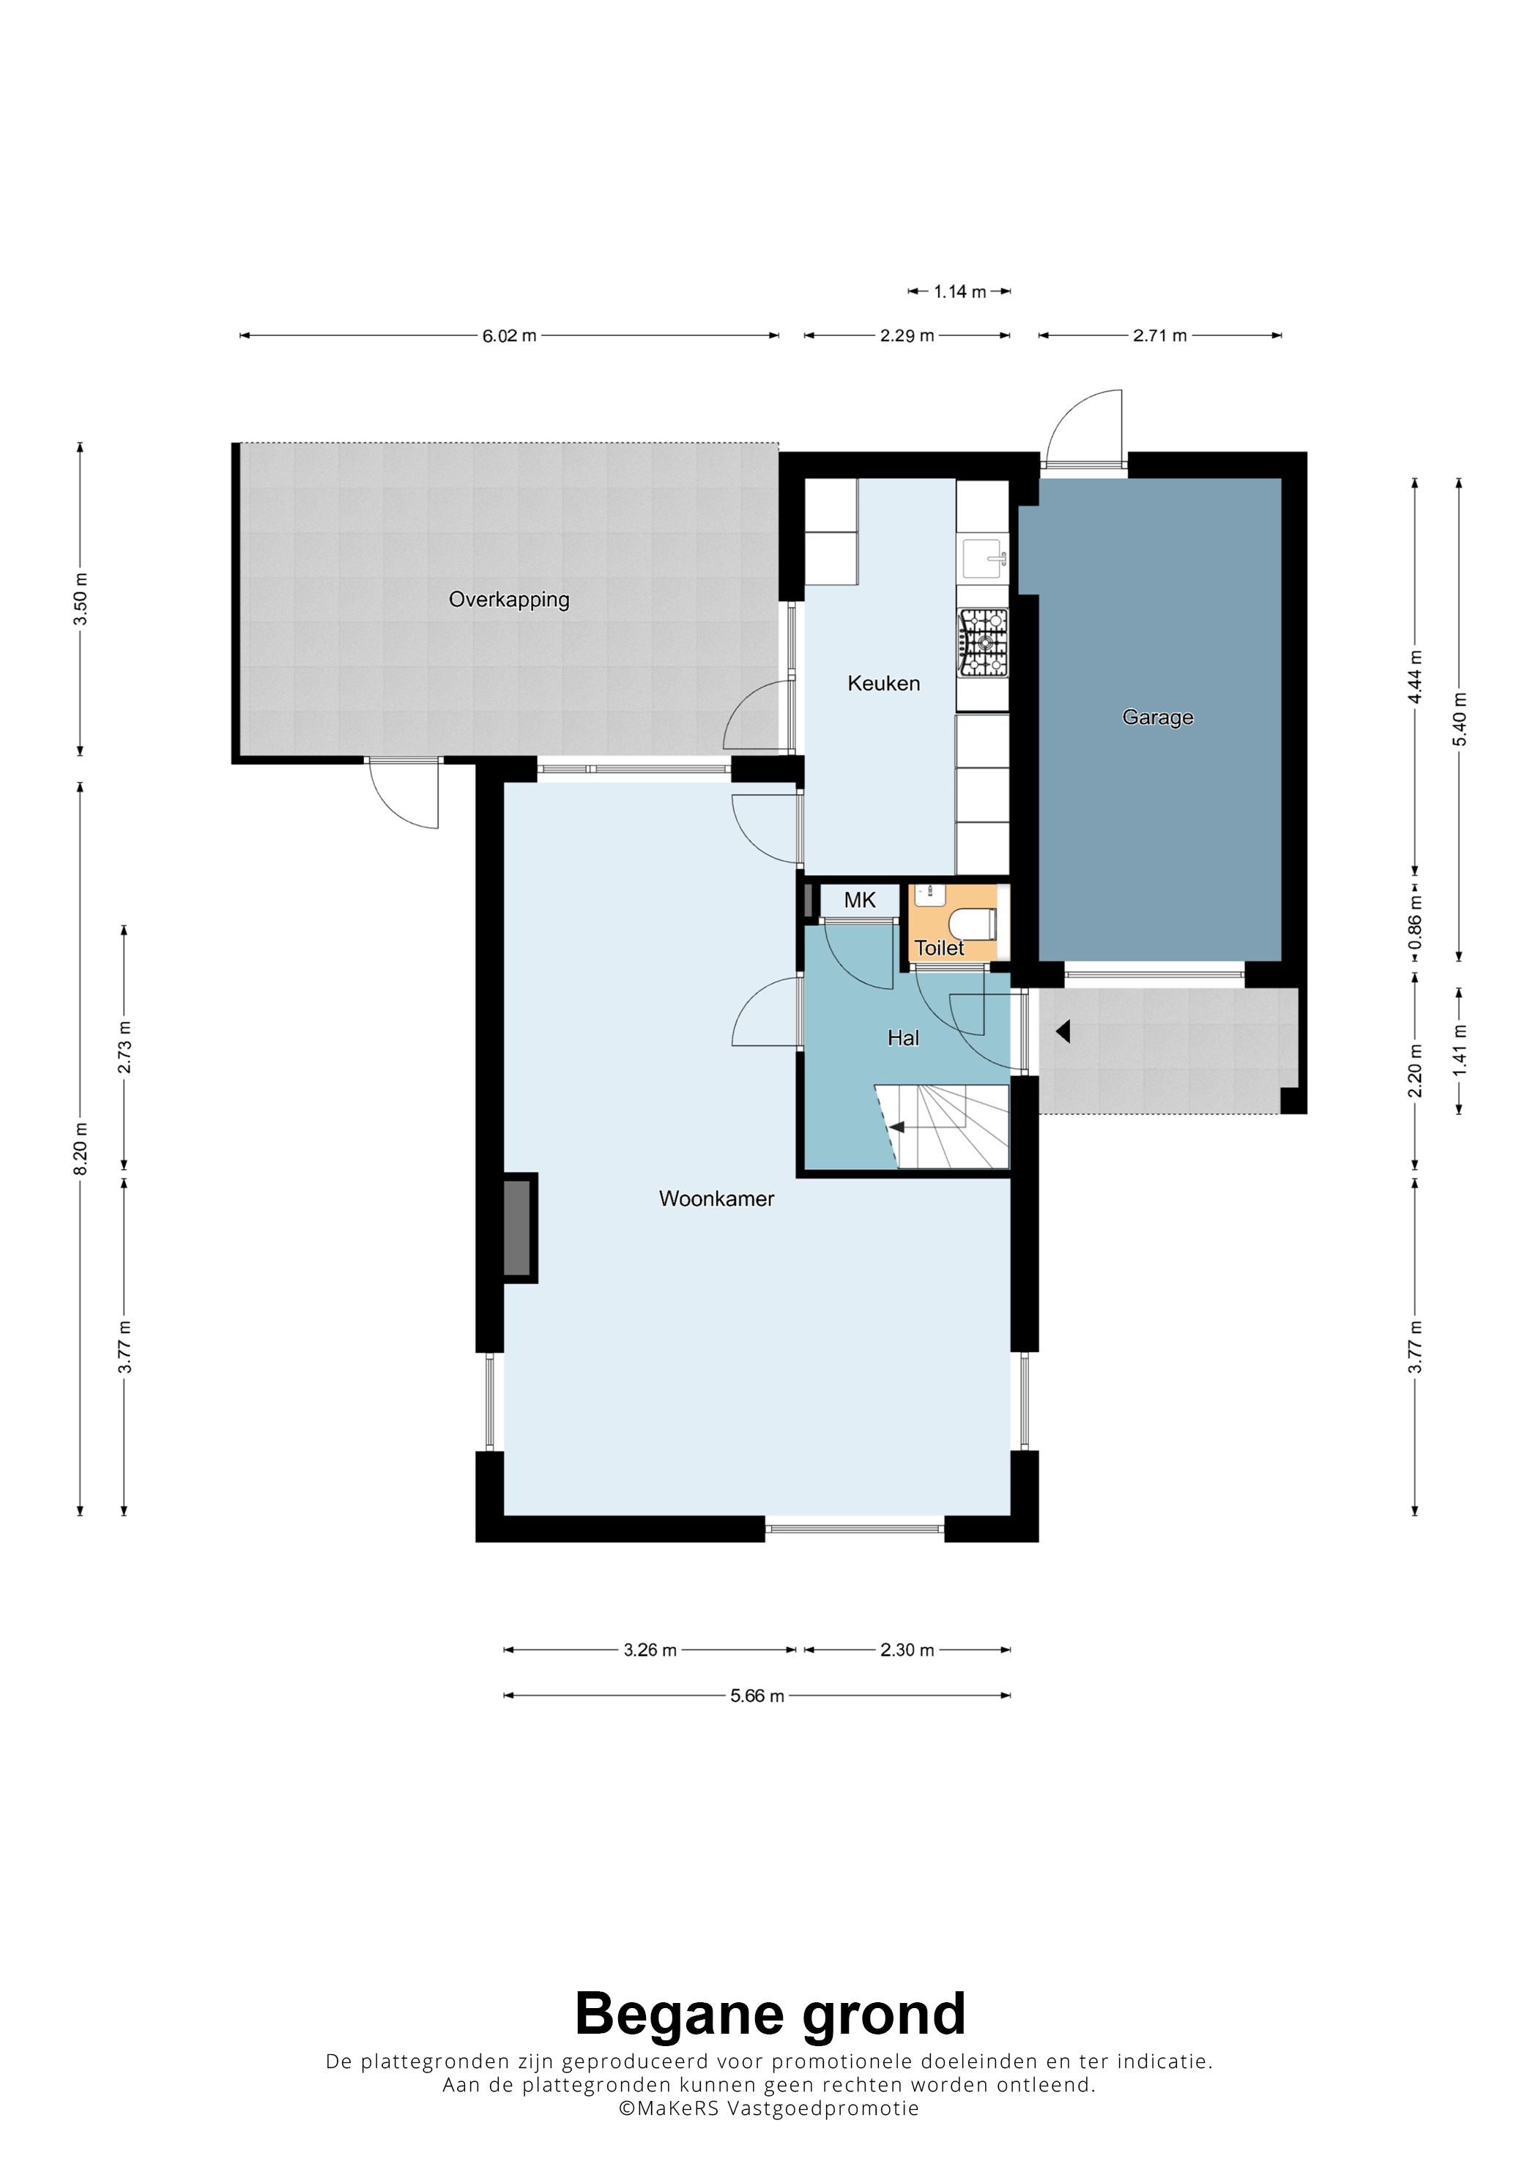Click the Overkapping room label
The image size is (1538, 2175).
(509, 600)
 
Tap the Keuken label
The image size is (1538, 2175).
(883, 683)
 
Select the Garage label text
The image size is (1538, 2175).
(1157, 717)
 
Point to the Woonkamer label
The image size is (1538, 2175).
(716, 1198)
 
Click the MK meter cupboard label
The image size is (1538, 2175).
(860, 900)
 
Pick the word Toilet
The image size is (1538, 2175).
(939, 947)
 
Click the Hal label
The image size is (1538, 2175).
(903, 1038)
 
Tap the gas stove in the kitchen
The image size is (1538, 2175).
(984, 642)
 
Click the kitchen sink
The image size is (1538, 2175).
(984, 557)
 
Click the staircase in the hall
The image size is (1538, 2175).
(942, 1127)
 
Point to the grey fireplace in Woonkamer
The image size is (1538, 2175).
(519, 1228)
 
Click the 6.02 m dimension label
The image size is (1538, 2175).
(509, 335)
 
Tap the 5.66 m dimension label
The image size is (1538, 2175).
(757, 1695)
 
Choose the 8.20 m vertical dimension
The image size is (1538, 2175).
(81, 1149)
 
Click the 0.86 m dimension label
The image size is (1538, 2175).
(1415, 922)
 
